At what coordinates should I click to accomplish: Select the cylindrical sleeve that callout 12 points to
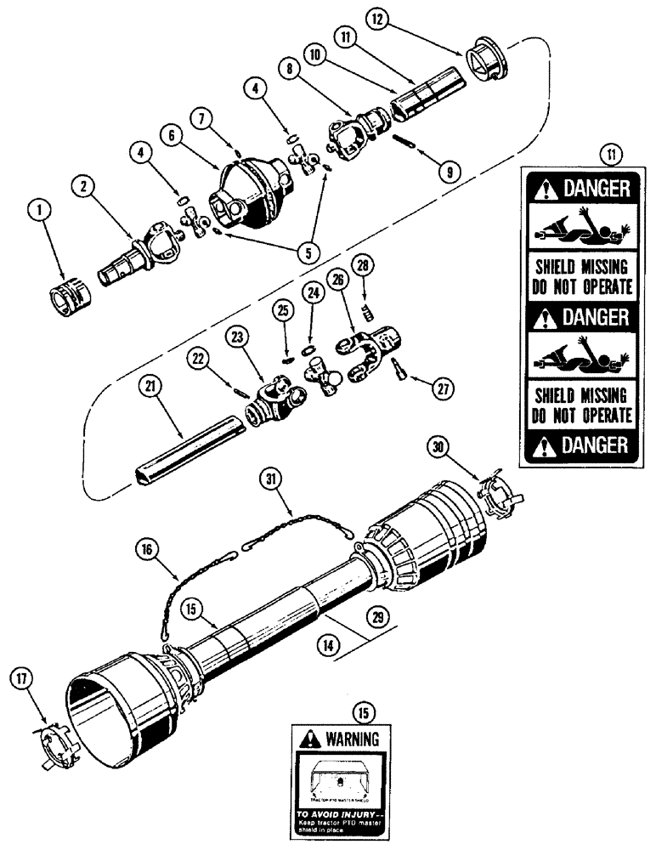coord(484,61)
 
